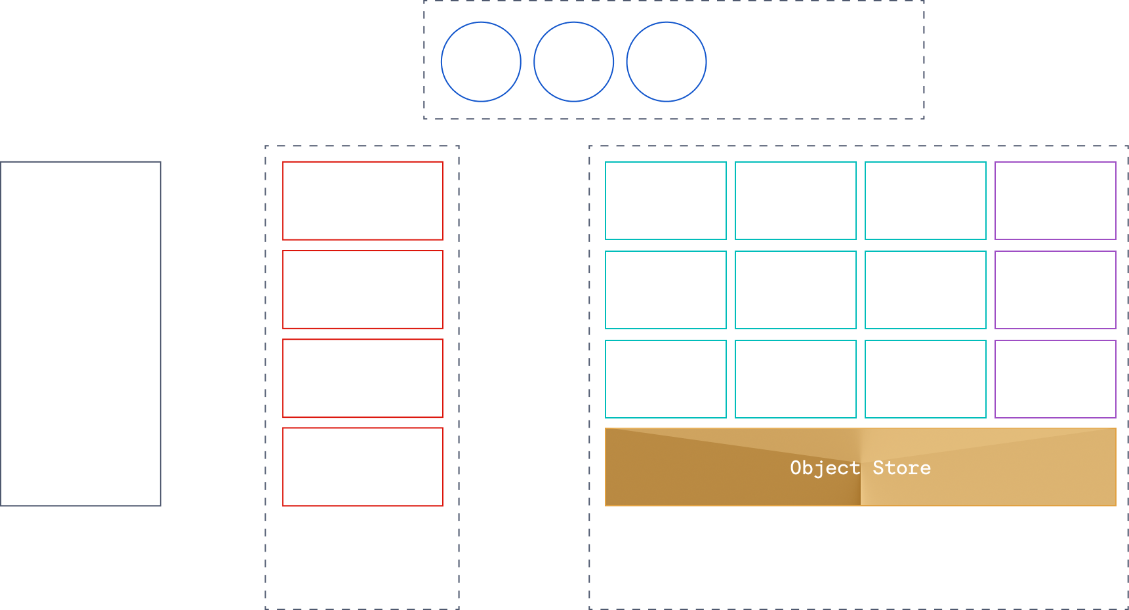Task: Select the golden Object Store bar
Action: pyautogui.click(x=860, y=467)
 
